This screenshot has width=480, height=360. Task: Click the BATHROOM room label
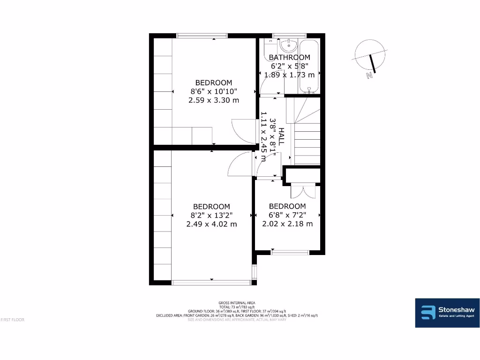point(289,57)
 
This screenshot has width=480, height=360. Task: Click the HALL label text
point(281,136)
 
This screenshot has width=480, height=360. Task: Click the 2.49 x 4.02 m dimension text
point(212,224)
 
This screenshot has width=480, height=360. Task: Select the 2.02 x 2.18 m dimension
point(287,224)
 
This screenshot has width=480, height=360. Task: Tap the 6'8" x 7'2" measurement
point(287,215)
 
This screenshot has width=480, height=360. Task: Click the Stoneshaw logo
point(447,313)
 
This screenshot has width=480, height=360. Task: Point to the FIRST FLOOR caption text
point(12,320)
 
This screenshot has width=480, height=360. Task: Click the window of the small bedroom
point(290,253)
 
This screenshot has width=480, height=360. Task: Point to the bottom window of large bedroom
point(211,283)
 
